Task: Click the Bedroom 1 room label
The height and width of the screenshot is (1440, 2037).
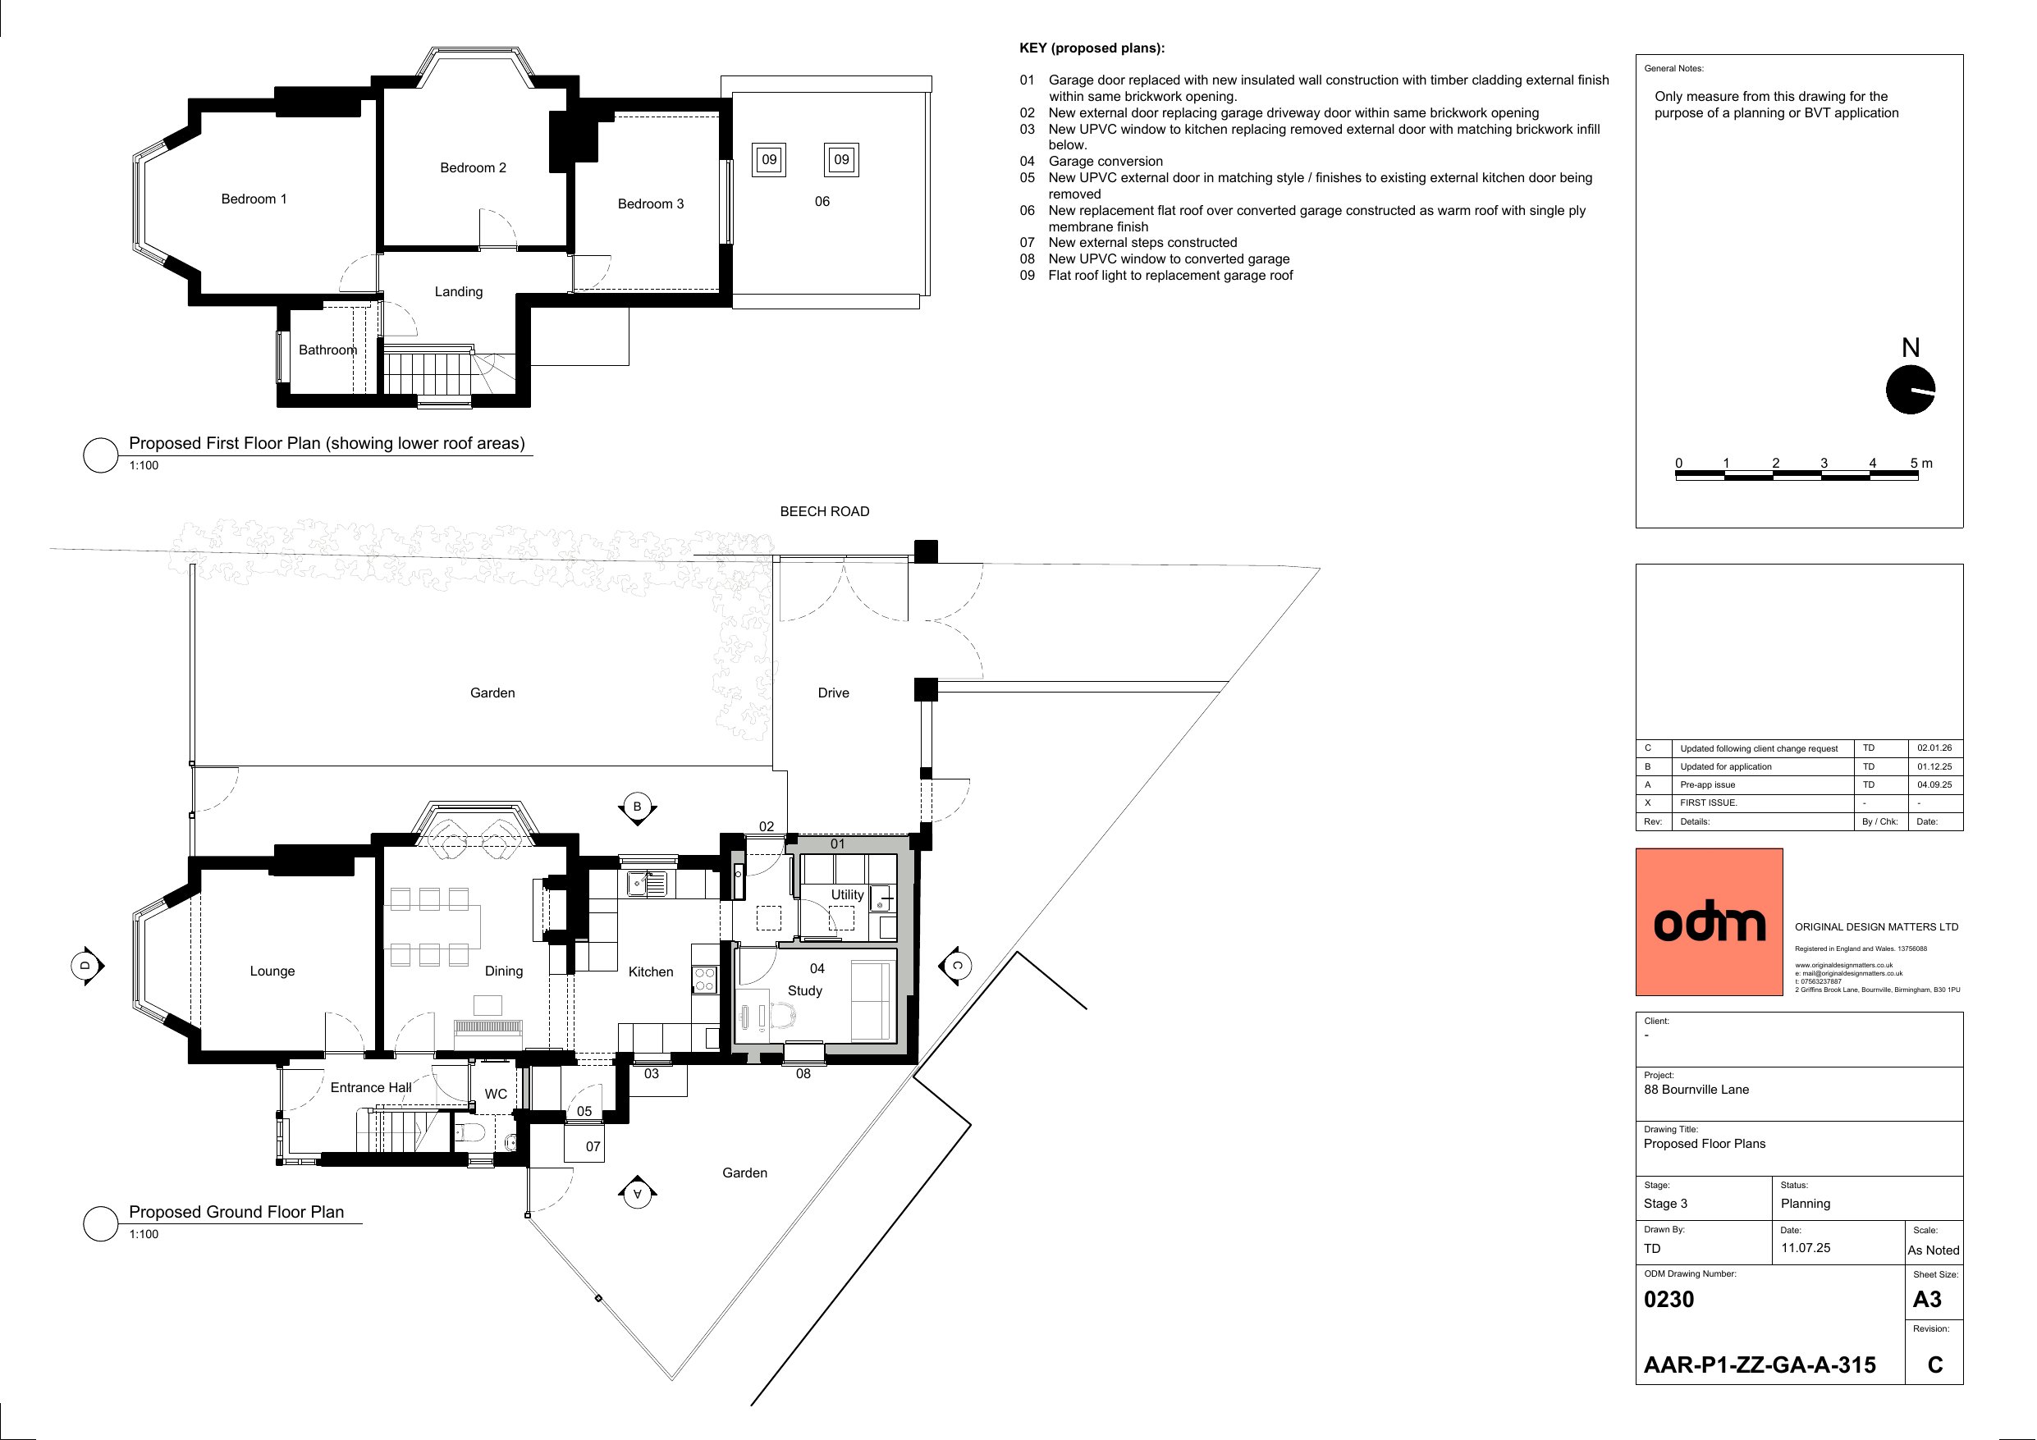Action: pyautogui.click(x=254, y=199)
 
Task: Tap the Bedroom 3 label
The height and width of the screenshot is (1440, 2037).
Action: pyautogui.click(x=650, y=204)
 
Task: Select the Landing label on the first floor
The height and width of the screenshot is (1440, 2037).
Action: pyautogui.click(x=458, y=292)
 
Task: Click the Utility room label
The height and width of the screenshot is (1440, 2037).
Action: pyautogui.click(x=846, y=894)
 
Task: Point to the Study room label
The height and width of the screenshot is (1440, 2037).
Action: pyautogui.click(x=804, y=990)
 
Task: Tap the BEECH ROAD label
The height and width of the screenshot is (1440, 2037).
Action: pyautogui.click(x=824, y=511)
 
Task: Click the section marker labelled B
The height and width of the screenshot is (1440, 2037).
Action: pyautogui.click(x=637, y=807)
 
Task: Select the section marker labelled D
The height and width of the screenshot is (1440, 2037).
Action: pyautogui.click(x=86, y=964)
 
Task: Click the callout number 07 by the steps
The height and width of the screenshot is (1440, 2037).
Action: pyautogui.click(x=593, y=1146)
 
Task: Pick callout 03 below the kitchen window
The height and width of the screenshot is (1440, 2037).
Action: pyautogui.click(x=651, y=1073)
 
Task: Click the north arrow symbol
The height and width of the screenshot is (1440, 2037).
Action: pyautogui.click(x=1910, y=390)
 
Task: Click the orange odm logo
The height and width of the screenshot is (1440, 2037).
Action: pyautogui.click(x=1709, y=922)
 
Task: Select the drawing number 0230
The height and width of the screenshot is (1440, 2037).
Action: pyautogui.click(x=1669, y=1300)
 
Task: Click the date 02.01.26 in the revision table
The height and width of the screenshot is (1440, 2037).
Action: pyautogui.click(x=1934, y=748)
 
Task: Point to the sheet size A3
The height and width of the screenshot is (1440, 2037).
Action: pyautogui.click(x=1927, y=1300)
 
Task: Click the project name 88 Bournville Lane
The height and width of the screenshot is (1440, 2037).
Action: pyautogui.click(x=1696, y=1090)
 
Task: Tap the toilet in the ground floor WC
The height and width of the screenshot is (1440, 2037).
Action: pyautogui.click(x=469, y=1132)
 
